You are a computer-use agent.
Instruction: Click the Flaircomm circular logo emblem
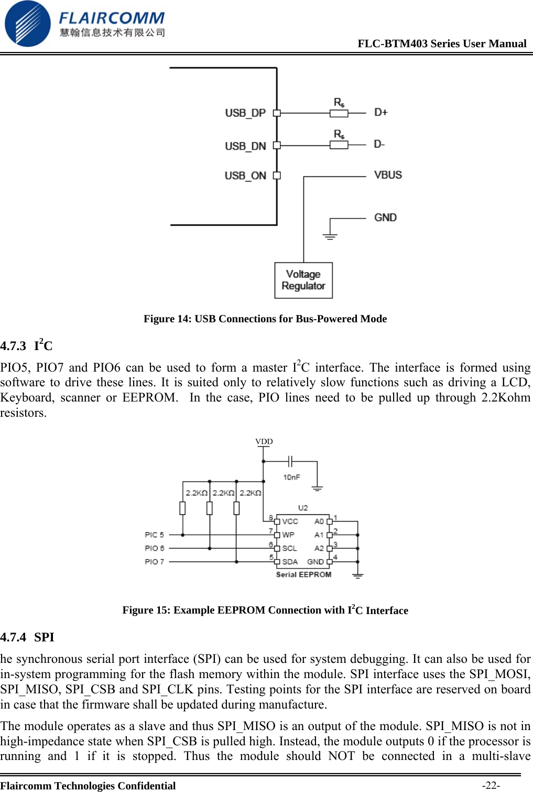[x=27, y=24]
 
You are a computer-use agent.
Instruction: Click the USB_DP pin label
[x=245, y=113]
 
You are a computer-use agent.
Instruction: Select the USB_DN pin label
[x=245, y=146]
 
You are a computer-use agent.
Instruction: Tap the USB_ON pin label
[x=245, y=176]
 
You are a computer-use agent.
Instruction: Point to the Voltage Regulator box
[x=303, y=280]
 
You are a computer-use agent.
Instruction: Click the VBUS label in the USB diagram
[x=388, y=175]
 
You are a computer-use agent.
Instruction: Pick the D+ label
[x=381, y=112]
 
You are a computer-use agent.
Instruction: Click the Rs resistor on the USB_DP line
[x=339, y=113]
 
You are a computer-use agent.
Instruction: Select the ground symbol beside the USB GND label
[x=330, y=235]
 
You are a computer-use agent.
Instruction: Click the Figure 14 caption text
[x=265, y=319]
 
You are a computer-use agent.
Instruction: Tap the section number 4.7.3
[x=13, y=346]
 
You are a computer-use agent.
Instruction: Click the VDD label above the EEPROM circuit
[x=264, y=441]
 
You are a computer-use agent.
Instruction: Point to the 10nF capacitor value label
[x=291, y=477]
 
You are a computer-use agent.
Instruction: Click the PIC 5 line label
[x=154, y=535]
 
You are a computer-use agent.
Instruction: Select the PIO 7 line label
[x=154, y=562]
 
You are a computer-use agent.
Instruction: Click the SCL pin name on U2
[x=289, y=548]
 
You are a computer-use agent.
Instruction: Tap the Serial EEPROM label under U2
[x=303, y=575]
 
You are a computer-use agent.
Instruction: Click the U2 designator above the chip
[x=303, y=508]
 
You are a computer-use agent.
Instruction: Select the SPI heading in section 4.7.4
[x=44, y=637]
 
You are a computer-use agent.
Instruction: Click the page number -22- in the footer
[x=491, y=785]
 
